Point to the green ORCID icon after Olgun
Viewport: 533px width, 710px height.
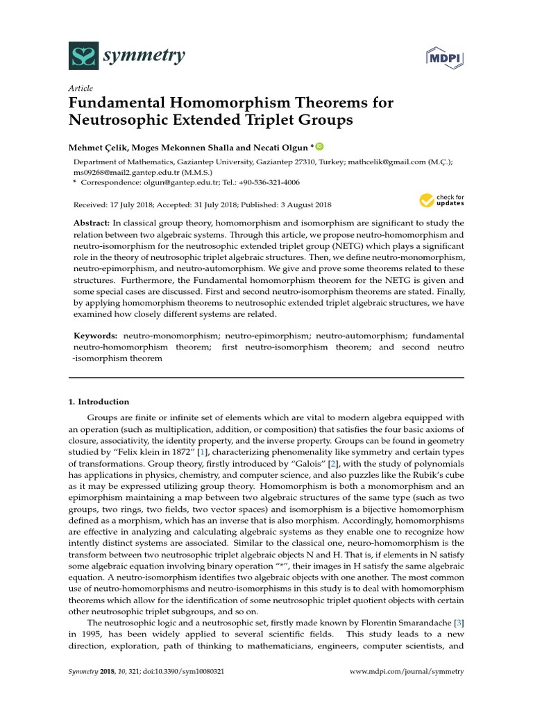pyautogui.click(x=320, y=146)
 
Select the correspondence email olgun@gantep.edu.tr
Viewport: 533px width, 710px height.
pyautogui.click(x=159, y=182)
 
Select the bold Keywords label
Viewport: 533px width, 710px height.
pyautogui.click(x=96, y=335)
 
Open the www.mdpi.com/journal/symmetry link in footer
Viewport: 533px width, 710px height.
pyautogui.click(x=407, y=672)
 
